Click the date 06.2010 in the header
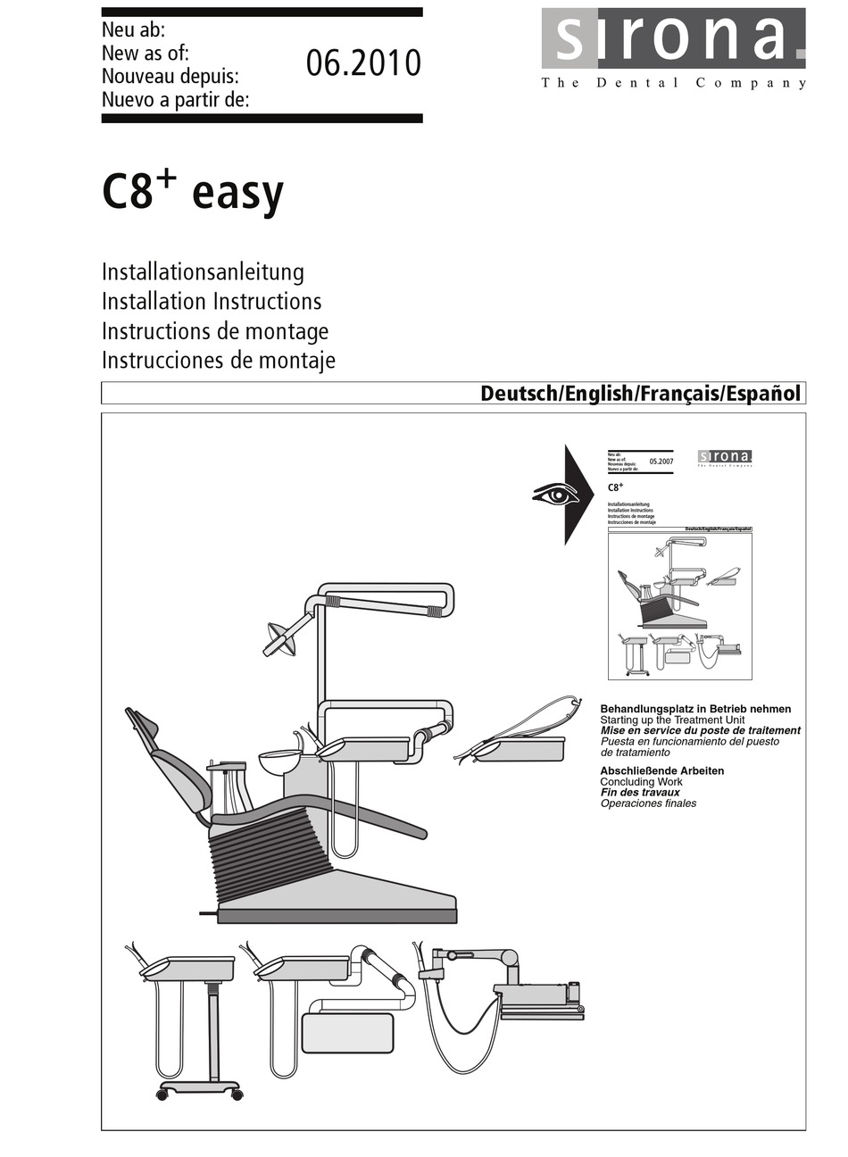tap(363, 63)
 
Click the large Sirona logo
tap(673, 38)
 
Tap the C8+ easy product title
tap(193, 191)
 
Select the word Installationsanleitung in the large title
tap(203, 271)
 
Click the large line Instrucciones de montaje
tap(218, 360)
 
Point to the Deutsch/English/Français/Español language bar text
tap(640, 394)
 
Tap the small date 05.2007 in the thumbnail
tap(661, 462)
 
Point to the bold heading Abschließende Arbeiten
tap(661, 770)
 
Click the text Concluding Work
tap(641, 782)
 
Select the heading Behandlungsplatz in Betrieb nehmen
tap(694, 709)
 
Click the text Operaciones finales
tap(648, 803)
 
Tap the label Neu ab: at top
tap(134, 31)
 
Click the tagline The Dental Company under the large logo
tap(674, 83)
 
